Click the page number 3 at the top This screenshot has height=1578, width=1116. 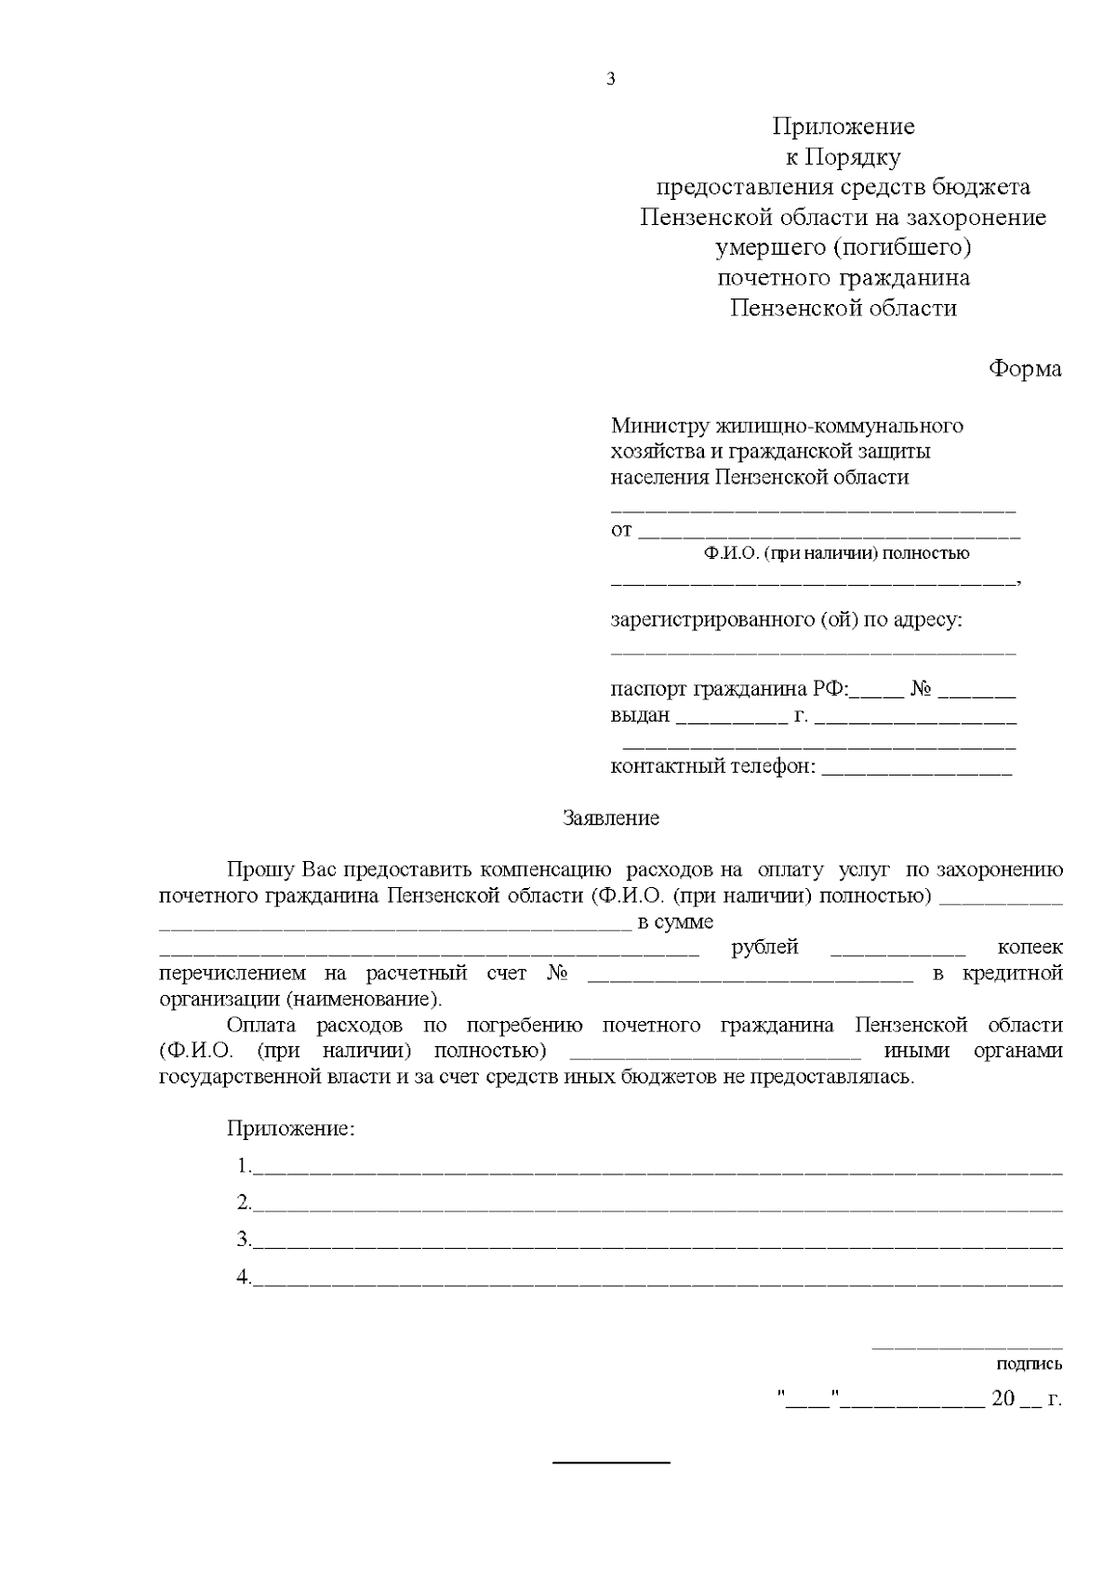[611, 79]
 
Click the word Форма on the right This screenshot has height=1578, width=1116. [1024, 369]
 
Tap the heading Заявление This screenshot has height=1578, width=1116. [611, 818]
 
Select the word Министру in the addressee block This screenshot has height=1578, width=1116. [659, 426]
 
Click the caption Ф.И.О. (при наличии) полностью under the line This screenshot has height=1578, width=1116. [836, 554]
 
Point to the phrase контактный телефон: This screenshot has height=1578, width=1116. [713, 767]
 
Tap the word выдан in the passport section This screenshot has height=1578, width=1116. [640, 716]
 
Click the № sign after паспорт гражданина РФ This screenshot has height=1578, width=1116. [922, 690]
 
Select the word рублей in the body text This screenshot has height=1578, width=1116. [764, 948]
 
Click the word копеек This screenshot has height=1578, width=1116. [1030, 948]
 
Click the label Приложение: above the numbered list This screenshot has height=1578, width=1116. [291, 1130]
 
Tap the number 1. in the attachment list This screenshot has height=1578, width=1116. [244, 1166]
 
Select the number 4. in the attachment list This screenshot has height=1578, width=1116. [244, 1278]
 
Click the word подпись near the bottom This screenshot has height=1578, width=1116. [1029, 1365]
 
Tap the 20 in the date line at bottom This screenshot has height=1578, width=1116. [1003, 1399]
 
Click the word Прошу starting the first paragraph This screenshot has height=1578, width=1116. [261, 870]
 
